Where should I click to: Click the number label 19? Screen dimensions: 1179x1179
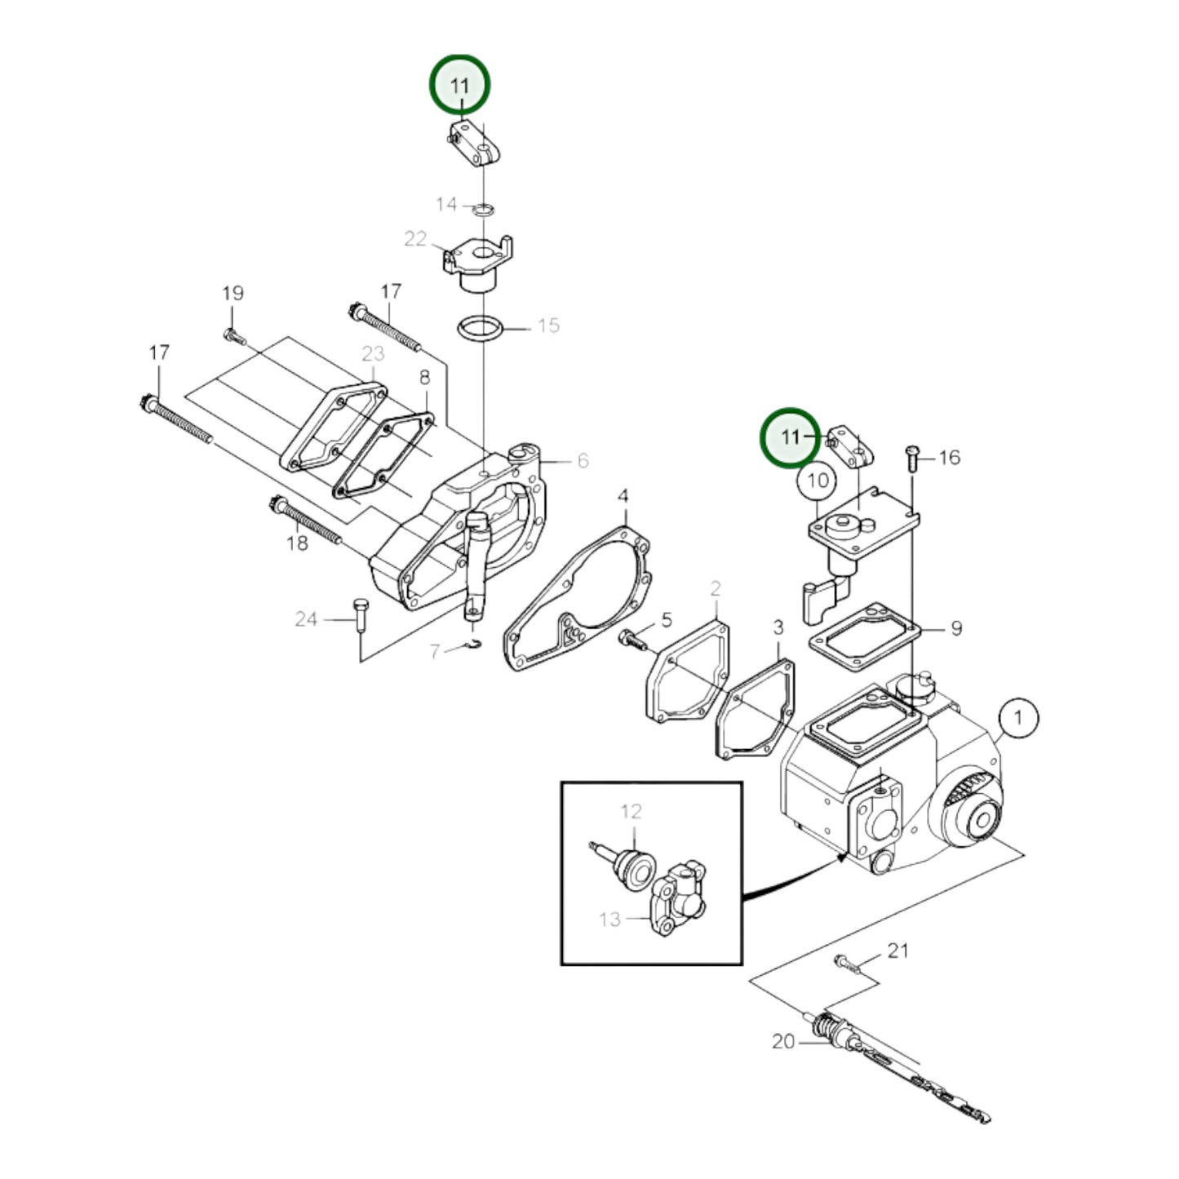[x=233, y=293]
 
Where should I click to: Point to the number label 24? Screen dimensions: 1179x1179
[x=306, y=619]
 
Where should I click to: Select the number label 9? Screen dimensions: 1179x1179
[x=955, y=628]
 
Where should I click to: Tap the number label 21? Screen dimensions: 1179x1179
[x=898, y=951]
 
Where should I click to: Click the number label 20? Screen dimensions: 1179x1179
[x=782, y=1042]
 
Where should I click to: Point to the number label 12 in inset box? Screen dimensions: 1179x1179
[x=631, y=812]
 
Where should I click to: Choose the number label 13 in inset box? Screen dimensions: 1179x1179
[x=609, y=920]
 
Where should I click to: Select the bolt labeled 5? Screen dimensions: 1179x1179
[x=632, y=639]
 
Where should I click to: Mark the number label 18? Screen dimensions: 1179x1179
[x=297, y=542]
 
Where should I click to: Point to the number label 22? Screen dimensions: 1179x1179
[x=415, y=239]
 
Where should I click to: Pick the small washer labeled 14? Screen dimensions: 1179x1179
[x=483, y=210]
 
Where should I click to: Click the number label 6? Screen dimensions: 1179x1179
[x=583, y=461]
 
